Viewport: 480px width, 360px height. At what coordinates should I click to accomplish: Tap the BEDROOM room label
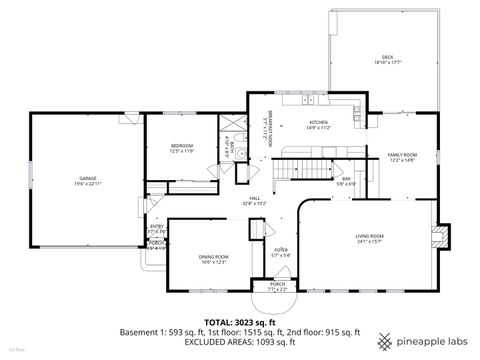pyautogui.click(x=181, y=146)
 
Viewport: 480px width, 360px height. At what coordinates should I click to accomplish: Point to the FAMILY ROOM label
pyautogui.click(x=403, y=155)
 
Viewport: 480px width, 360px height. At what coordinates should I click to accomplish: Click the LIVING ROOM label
pyautogui.click(x=370, y=236)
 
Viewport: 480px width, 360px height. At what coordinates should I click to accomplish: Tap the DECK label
pyautogui.click(x=387, y=58)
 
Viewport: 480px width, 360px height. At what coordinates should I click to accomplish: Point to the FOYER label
pyautogui.click(x=282, y=250)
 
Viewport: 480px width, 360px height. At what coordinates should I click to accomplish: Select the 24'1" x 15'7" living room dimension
pyautogui.click(x=370, y=242)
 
